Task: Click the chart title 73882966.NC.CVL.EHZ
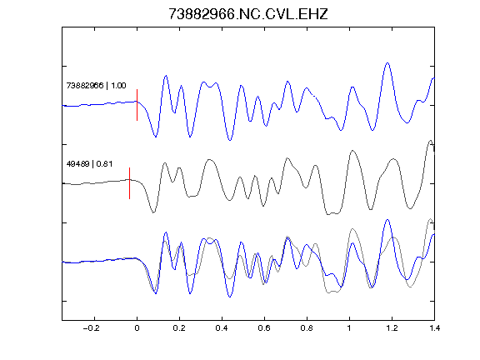(248, 14)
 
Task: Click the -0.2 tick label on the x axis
(92, 328)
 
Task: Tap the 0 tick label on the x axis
(137, 328)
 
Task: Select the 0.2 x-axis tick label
(179, 328)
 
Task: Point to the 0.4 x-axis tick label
(222, 328)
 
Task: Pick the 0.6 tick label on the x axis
(264, 328)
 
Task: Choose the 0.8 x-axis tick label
(307, 328)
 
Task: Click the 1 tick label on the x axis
(349, 328)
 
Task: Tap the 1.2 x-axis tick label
(392, 328)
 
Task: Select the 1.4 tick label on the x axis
(434, 328)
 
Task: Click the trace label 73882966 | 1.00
(96, 85)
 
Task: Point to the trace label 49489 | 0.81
(89, 164)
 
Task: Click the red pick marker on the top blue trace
(137, 105)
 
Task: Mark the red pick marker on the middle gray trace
(129, 183)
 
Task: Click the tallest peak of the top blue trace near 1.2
(387, 63)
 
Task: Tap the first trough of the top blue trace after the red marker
(156, 137)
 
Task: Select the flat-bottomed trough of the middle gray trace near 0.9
(332, 213)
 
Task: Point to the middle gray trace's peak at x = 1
(352, 151)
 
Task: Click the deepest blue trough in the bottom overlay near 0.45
(230, 297)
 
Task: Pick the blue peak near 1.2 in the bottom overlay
(387, 220)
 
